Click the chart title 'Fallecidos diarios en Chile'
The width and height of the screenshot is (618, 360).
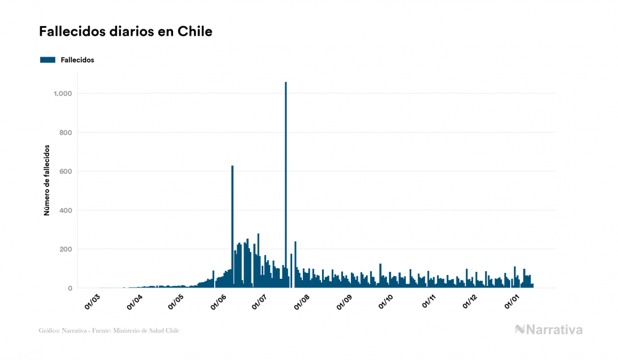coord(126,32)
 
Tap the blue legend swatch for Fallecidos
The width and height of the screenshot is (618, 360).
coord(48,60)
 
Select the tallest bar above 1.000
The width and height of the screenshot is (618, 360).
coord(286,184)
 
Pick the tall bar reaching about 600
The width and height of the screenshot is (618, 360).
coord(232,226)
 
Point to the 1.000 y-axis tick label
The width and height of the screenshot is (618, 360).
coord(62,93)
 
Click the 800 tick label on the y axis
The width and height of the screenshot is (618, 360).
coord(66,132)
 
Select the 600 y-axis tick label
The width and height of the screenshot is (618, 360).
coord(66,171)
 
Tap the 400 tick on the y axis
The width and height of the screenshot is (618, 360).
coord(66,210)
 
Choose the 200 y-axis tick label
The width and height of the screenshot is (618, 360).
coord(66,249)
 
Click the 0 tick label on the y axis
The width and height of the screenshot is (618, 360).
coord(69,288)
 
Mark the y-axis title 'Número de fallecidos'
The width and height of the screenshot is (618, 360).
coord(46,180)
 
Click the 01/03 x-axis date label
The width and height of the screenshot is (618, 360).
coord(92,302)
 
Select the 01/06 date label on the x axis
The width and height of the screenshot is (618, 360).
coord(218,302)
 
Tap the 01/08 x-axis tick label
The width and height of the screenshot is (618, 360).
coord(302,302)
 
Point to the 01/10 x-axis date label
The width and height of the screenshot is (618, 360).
coord(386,302)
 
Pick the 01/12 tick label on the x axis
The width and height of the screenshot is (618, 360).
coord(470,302)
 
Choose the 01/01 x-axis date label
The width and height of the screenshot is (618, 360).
coord(513,302)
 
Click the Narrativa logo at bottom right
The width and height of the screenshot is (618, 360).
coord(549,330)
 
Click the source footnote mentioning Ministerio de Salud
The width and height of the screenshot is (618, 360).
coord(109,331)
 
